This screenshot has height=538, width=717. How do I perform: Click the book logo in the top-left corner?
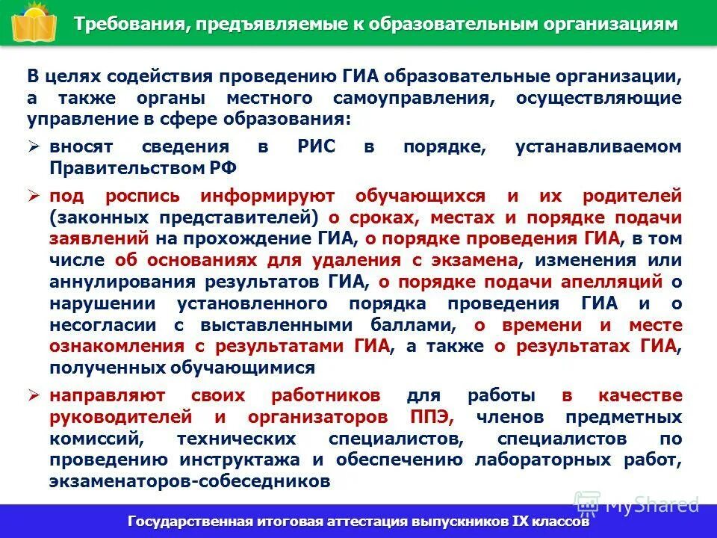point(30,22)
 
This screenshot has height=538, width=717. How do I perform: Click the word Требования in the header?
point(126,24)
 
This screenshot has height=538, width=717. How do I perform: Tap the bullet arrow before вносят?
point(34,147)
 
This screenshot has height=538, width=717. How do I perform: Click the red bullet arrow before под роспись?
point(34,197)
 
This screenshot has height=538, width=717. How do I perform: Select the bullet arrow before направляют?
point(34,395)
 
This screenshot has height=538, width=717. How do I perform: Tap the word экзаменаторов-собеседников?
point(190,481)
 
